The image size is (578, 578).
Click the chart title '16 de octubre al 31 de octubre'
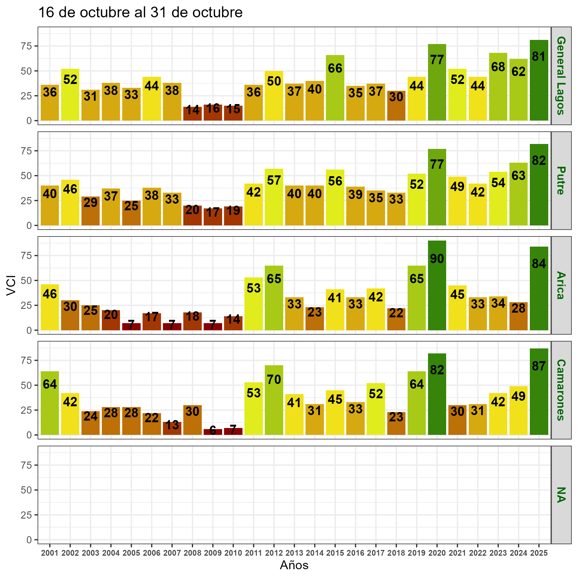pos(140,13)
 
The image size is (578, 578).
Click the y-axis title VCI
pos(11,286)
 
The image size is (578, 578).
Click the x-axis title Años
pos(294,565)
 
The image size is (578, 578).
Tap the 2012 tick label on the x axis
pos(274,553)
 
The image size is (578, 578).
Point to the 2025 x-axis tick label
pos(539,553)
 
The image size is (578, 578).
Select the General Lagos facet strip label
pos(561,76)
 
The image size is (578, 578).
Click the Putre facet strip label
pos(561,180)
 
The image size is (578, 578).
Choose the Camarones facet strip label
pos(561,390)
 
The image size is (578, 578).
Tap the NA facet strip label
pos(561,495)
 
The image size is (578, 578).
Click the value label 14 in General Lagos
pos(192,110)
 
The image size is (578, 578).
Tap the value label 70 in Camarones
pos(274,380)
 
